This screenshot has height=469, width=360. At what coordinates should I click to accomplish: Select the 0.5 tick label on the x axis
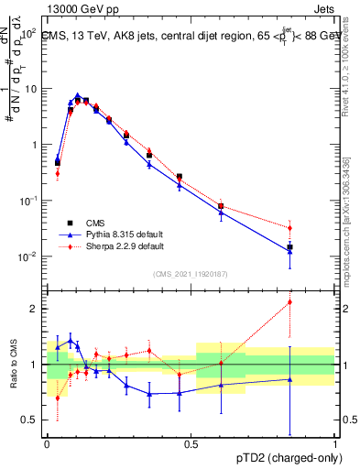[191, 443]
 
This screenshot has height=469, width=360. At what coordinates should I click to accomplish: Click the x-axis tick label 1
[334, 443]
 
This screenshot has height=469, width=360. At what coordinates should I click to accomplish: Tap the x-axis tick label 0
[47, 443]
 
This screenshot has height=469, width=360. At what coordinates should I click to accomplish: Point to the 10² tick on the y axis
[27, 33]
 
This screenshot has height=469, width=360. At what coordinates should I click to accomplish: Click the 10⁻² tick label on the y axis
[27, 256]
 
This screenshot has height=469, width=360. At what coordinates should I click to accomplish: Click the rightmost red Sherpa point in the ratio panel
[290, 301]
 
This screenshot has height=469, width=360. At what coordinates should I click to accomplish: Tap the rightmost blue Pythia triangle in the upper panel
[290, 252]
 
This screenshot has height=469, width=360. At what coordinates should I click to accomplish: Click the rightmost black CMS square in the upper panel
[290, 247]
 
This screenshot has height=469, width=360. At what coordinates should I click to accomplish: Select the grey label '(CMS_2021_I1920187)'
[191, 272]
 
